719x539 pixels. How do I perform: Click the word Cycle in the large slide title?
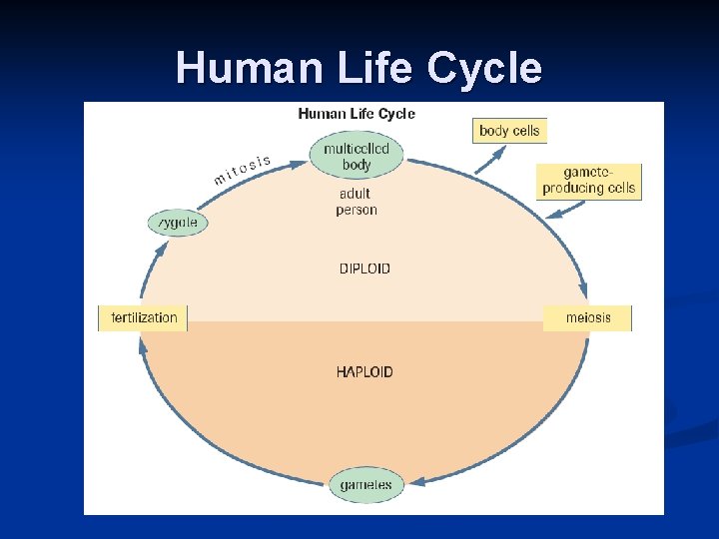point(484,68)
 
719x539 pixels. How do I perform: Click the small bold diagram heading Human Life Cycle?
point(357,114)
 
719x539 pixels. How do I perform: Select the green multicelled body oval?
point(357,156)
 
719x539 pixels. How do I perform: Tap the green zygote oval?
point(179,223)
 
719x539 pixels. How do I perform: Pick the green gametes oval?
point(365,485)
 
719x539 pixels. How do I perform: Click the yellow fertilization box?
point(144,318)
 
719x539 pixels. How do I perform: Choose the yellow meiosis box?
point(587,318)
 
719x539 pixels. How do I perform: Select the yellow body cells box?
point(509,131)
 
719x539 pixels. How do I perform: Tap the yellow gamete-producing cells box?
point(588,181)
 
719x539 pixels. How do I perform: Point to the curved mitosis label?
point(242,170)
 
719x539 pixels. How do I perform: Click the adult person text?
point(357,202)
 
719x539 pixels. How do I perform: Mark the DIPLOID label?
point(364,269)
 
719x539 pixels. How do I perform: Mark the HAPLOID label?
point(364,372)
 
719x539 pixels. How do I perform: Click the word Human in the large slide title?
point(237,68)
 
